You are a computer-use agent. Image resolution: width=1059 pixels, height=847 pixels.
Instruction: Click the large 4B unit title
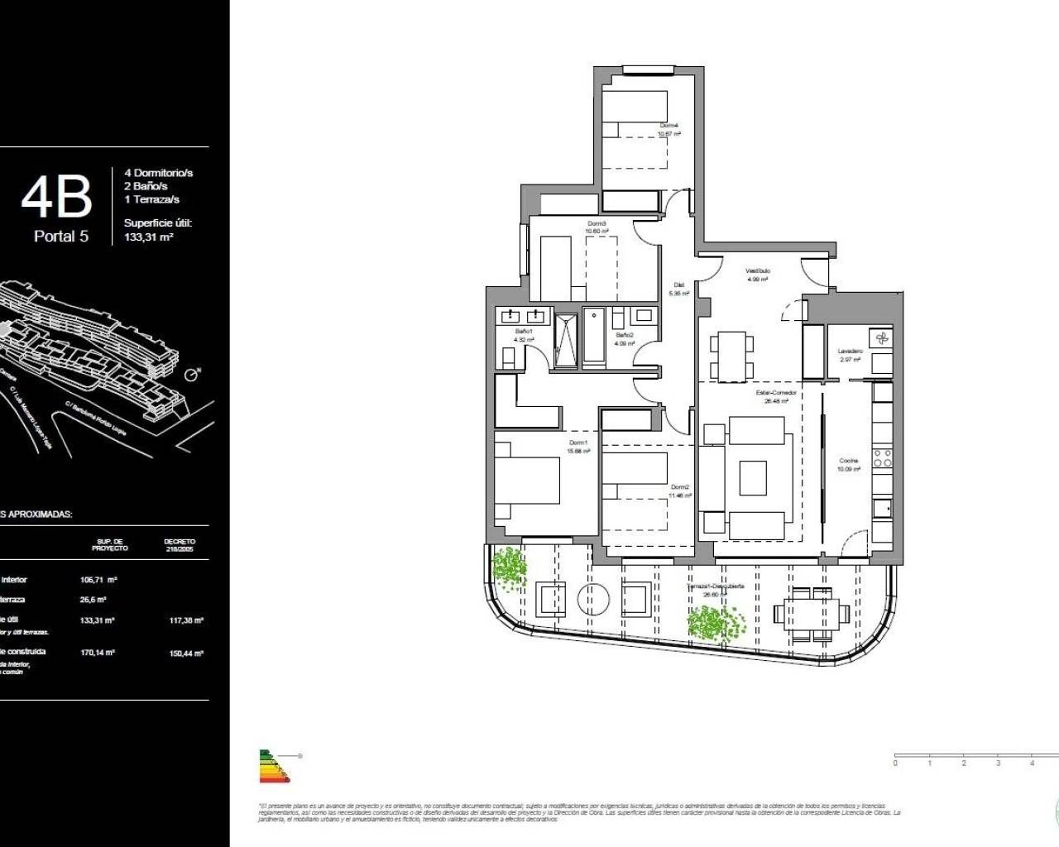coord(55,197)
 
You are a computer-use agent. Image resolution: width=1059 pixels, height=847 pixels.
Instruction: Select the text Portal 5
coord(61,237)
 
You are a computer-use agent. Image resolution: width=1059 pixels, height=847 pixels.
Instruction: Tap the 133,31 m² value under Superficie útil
coord(148,237)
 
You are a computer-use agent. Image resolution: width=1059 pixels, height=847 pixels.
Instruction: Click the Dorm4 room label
coord(668,126)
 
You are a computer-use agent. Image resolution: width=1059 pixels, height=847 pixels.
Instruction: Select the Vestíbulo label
coord(758,270)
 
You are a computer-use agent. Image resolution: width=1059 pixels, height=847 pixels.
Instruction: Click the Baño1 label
coord(524,332)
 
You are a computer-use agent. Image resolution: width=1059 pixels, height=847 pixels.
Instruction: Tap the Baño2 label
coord(624,335)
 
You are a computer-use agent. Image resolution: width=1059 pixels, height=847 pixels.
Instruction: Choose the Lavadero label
coord(851,352)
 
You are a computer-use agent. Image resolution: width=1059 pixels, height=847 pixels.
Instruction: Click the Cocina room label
coord(849,461)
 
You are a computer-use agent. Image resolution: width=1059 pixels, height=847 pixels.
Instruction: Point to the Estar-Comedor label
coord(776,393)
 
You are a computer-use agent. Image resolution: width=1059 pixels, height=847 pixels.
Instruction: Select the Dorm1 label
coord(577,443)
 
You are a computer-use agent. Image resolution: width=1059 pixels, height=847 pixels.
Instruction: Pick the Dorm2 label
coord(680,487)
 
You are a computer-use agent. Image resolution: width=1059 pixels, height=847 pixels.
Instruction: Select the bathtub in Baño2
coord(595,337)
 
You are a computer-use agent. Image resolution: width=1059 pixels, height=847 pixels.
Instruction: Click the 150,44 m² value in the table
coord(187,653)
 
